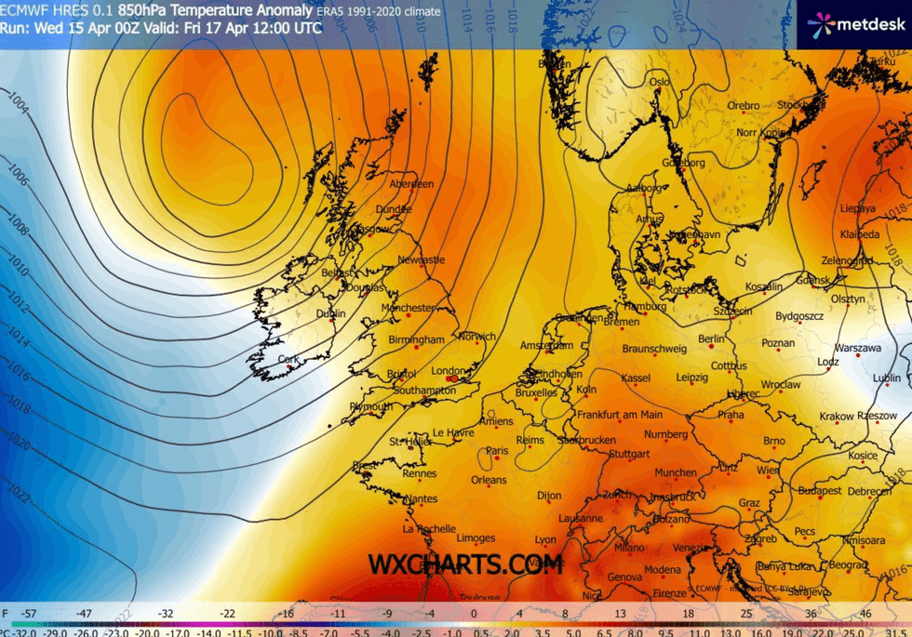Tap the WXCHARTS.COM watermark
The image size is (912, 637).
coord(464,564)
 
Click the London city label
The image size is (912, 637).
coord(447,371)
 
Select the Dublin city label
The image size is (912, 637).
coord(330,314)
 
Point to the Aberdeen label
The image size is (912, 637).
coord(411,184)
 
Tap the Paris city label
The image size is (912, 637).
coord(497,451)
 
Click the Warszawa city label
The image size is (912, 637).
coord(858,349)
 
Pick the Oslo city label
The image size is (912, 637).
coord(660,82)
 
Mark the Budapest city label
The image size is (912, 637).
coord(820,490)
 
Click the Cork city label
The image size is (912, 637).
coord(288,359)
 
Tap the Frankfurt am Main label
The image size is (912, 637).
coord(620,415)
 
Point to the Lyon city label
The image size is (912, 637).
coord(545,539)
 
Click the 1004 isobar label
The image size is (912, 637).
coord(19,103)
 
